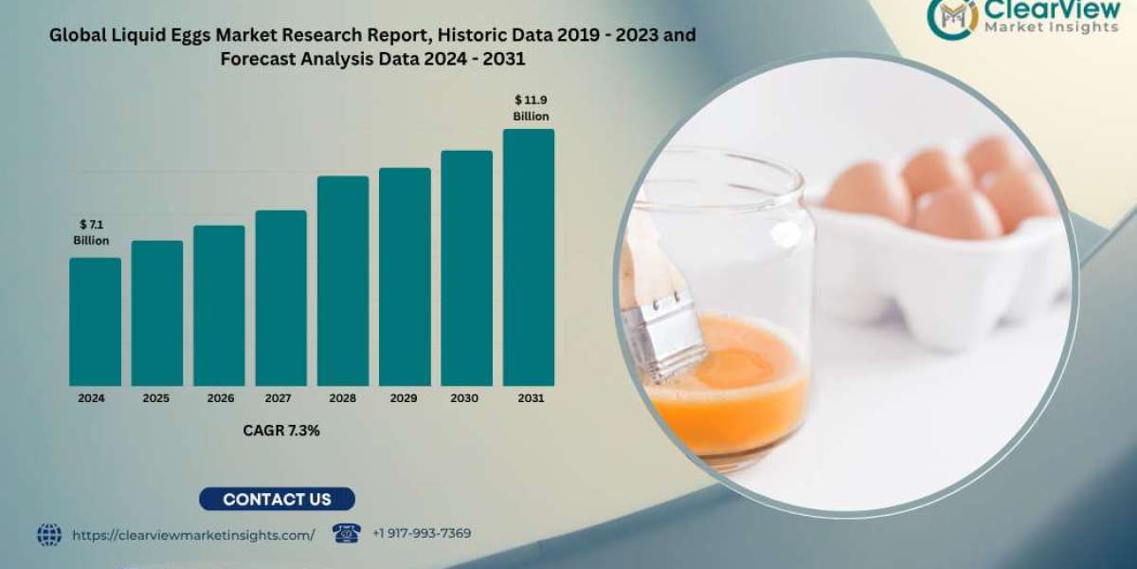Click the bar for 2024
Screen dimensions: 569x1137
coord(95,321)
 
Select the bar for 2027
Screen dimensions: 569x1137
coord(280,298)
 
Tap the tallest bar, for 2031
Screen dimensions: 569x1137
coord(528,257)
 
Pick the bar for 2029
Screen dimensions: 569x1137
coord(405,277)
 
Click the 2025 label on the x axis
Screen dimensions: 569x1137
coord(156,399)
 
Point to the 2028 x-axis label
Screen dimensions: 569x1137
coord(343,399)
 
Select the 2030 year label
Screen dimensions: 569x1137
coord(466,399)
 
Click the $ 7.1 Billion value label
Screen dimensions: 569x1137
coord(91,232)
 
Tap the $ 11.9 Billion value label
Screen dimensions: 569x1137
coord(531,107)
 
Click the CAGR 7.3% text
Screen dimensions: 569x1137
coord(281,431)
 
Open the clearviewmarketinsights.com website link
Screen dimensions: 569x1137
coord(193,535)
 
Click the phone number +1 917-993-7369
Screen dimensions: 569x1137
coord(422,534)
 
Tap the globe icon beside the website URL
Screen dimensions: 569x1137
coord(49,535)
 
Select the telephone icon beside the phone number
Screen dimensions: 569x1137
coord(346,533)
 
